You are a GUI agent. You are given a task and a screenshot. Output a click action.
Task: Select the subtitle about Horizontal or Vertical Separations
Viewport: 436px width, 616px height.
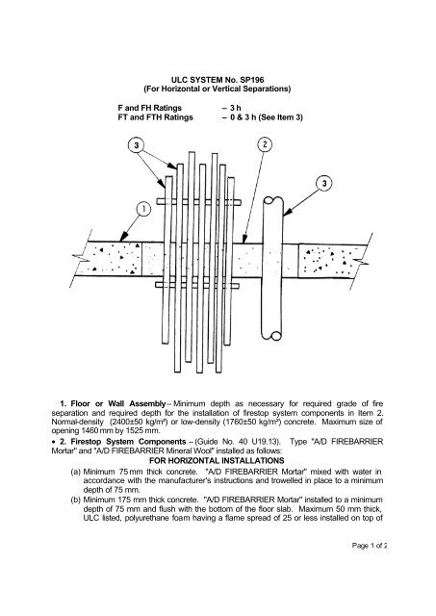click(x=218, y=89)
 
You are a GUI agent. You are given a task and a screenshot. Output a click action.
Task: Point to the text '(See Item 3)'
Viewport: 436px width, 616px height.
click(x=280, y=117)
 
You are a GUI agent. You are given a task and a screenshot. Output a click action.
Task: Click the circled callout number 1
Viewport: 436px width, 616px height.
click(x=143, y=210)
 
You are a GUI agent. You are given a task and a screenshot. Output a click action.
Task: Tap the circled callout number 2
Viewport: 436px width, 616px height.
click(x=265, y=144)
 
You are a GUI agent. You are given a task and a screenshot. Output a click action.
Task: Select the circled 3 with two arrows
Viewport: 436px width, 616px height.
click(x=136, y=145)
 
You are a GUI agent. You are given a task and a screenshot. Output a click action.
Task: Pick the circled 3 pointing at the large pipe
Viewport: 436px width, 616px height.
click(x=324, y=183)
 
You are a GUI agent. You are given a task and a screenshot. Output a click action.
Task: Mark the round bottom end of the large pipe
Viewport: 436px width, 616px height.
click(x=275, y=336)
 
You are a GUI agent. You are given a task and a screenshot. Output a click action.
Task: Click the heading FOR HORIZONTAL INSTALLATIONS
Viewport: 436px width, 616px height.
click(x=217, y=460)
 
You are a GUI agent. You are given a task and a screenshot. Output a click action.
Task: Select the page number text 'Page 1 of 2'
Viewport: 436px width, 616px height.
click(x=370, y=546)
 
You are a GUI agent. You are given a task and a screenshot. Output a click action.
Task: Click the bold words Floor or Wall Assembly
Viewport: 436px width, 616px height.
click(x=118, y=404)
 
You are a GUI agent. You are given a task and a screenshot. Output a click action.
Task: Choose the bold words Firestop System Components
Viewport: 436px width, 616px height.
click(x=128, y=442)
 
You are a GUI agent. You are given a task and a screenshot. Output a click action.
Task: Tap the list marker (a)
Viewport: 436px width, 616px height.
click(x=75, y=472)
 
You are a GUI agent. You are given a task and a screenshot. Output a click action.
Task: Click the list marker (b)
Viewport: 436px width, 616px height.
click(x=75, y=500)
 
